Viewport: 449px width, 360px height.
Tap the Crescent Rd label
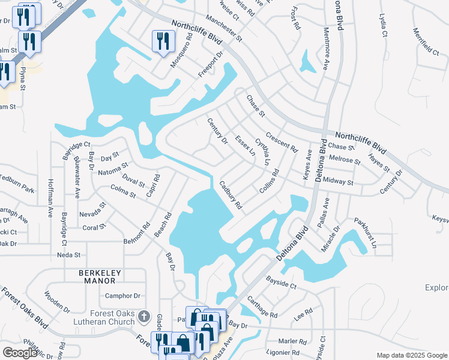click(282, 142)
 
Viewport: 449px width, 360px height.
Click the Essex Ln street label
click(244, 146)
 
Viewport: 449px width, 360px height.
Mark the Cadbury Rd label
click(231, 195)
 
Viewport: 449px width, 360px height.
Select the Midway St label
click(338, 181)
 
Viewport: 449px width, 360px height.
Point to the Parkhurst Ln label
click(365, 233)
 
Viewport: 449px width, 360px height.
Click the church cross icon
click(143, 315)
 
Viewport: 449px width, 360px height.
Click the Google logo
click(20, 353)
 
